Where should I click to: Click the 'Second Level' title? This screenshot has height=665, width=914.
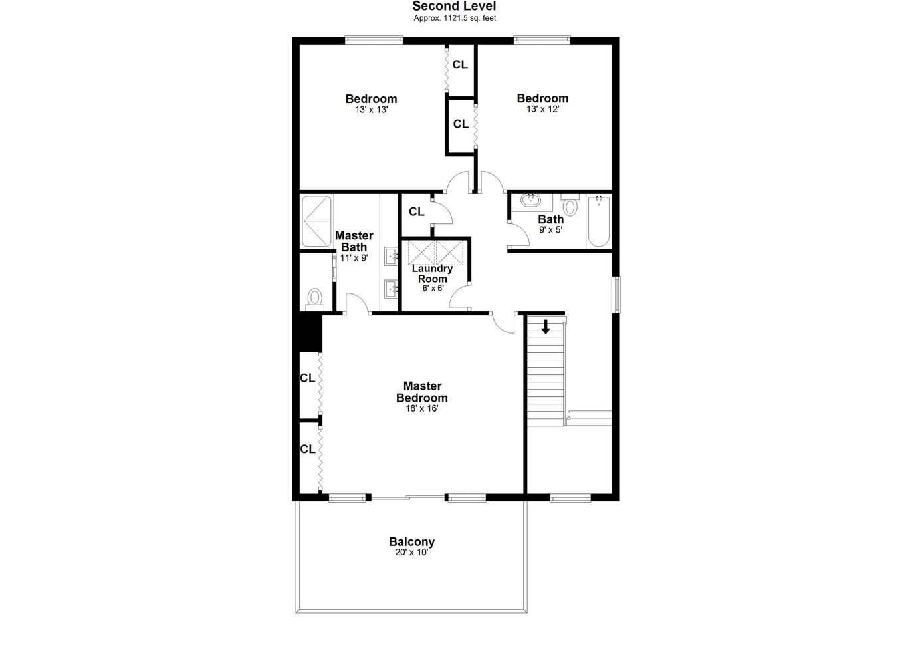tap(454, 6)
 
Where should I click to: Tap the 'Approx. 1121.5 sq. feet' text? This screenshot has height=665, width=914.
tap(455, 18)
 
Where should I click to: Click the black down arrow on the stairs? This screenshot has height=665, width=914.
tap(546, 327)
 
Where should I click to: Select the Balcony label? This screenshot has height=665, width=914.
tap(411, 542)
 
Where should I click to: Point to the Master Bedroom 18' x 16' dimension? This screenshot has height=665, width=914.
tap(422, 408)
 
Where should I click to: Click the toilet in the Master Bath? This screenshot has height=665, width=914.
tap(314, 299)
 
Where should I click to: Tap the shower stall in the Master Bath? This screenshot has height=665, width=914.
tap(316, 221)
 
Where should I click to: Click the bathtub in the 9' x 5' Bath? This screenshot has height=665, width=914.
tap(599, 221)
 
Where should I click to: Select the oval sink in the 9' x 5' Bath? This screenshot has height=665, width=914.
tap(531, 199)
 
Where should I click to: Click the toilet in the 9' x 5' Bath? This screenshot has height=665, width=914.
tap(570, 205)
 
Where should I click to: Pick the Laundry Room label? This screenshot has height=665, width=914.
tap(432, 273)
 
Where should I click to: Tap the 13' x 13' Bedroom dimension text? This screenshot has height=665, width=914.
tap(371, 110)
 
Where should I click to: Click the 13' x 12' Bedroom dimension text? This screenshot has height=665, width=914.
tap(542, 110)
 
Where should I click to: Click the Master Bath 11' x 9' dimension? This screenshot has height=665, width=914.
tap(354, 258)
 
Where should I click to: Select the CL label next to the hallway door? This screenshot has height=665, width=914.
tap(417, 212)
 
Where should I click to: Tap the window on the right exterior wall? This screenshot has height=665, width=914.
tap(618, 295)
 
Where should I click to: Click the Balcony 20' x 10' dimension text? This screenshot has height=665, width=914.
tap(411, 553)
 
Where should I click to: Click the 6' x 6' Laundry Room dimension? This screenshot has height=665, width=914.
tap(433, 288)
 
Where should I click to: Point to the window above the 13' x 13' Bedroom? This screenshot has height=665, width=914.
tap(374, 40)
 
